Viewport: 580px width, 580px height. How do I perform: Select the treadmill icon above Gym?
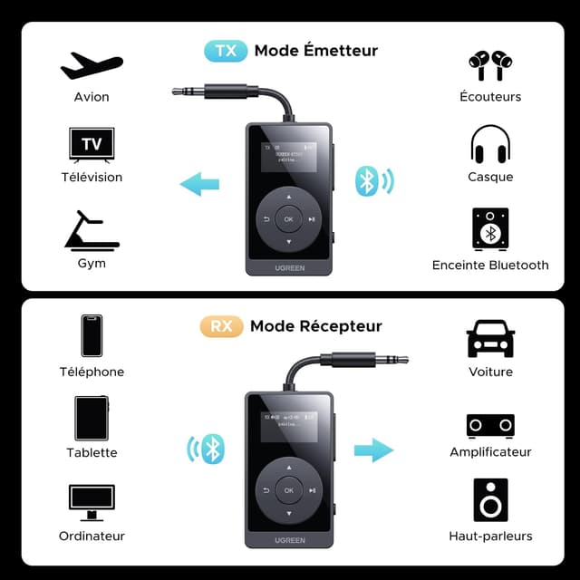coord(92,230)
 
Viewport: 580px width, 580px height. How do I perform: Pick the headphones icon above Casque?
coord(490,145)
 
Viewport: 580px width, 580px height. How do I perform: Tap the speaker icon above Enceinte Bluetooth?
coord(490,229)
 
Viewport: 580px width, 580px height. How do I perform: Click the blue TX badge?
coord(226,50)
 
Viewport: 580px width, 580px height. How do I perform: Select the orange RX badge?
coord(222,326)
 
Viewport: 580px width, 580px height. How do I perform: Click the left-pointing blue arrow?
coord(199,185)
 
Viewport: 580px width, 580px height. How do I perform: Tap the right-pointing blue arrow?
coord(373,449)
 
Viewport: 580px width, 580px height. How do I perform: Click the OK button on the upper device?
coord(288,218)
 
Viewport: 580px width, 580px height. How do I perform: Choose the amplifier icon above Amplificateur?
coord(490,425)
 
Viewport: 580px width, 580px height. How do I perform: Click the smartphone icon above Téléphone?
coord(92,336)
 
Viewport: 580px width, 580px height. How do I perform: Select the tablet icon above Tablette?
coord(92,418)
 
